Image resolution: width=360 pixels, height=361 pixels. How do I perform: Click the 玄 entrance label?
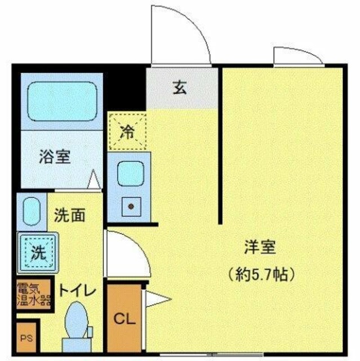coord(180,87)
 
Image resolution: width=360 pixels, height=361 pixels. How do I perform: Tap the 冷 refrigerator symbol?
coord(127,132)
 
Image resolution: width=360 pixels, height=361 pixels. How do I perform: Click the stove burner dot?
coord(131,206)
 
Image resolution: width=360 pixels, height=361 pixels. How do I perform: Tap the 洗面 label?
coord(70,214)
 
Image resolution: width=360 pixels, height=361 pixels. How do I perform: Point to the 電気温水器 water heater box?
coord(33,294)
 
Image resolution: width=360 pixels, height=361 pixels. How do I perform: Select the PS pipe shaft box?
coord(26,338)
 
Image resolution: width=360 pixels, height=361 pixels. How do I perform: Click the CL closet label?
coord(125,319)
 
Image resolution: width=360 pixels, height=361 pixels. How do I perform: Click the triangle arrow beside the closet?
coord(154,298)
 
